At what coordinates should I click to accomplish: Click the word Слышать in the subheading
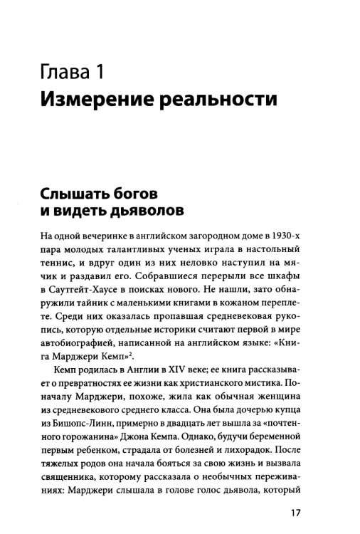[x=73, y=194]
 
